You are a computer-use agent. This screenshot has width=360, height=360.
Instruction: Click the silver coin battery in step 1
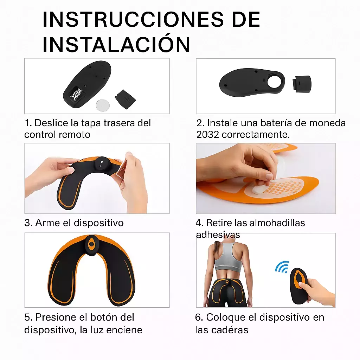tap(103, 105)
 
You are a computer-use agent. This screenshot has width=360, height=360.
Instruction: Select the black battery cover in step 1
tap(125, 99)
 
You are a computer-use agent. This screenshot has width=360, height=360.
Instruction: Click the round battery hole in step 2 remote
tap(275, 82)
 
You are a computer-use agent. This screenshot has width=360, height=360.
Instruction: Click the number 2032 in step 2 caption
tap(207, 135)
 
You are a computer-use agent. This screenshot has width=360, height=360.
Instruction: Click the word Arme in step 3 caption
tap(47, 223)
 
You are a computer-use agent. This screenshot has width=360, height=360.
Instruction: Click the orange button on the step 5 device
tap(91, 245)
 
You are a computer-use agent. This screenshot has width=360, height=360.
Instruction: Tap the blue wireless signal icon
tap(282, 267)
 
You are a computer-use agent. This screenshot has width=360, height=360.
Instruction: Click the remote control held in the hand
tap(299, 285)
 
